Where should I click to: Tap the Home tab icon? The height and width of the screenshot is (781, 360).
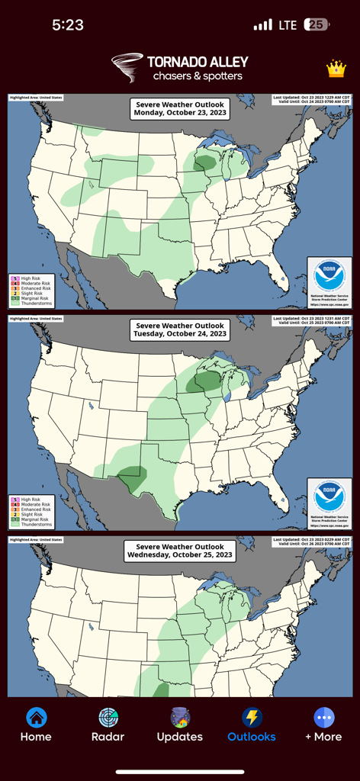pos(36,718)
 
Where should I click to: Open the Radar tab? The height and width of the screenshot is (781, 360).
pos(108,718)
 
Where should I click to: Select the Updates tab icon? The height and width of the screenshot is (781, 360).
pos(180,718)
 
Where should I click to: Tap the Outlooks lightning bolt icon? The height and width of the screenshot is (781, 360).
pos(252,718)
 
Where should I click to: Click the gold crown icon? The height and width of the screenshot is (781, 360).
pos(336,69)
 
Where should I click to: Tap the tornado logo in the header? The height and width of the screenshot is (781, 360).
pos(127,67)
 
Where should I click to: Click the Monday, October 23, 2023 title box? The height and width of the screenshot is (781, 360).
pos(180,108)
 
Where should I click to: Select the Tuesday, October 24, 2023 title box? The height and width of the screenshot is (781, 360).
pos(180,329)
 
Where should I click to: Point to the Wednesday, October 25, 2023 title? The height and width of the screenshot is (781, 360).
pos(180,551)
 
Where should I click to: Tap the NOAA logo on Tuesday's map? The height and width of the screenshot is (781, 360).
pos(329,497)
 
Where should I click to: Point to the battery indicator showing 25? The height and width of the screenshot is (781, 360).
pos(317,24)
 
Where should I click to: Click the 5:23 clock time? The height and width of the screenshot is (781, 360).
pos(68,24)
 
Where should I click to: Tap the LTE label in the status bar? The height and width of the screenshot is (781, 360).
pos(288,25)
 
